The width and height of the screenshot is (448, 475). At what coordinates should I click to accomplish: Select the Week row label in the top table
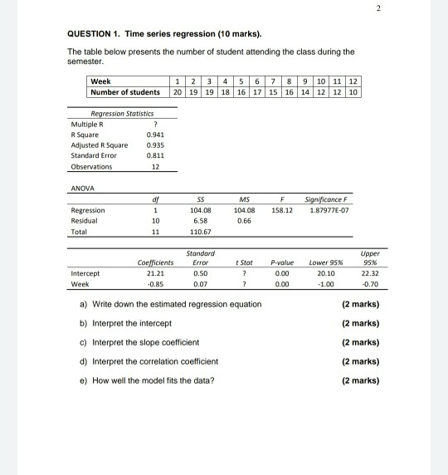coord(100,81)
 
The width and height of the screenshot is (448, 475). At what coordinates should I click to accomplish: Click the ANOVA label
coord(81,186)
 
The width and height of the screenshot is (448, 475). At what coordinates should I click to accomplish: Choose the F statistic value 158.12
coord(282,209)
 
